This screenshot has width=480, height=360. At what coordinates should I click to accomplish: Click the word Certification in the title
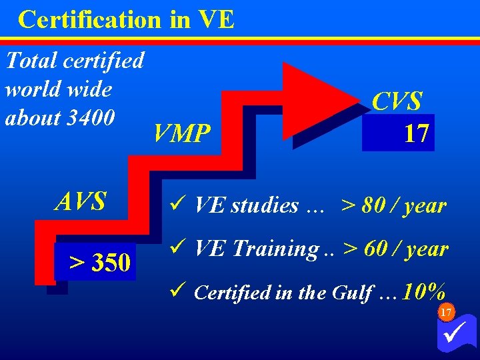point(90,19)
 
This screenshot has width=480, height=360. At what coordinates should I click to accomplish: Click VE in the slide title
point(216,19)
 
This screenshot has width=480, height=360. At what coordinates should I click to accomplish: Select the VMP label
point(181,133)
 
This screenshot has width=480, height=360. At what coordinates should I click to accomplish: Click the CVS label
point(397,102)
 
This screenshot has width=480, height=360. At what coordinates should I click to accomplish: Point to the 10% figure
point(424,291)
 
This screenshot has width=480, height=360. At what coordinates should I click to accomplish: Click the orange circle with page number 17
point(446,312)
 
